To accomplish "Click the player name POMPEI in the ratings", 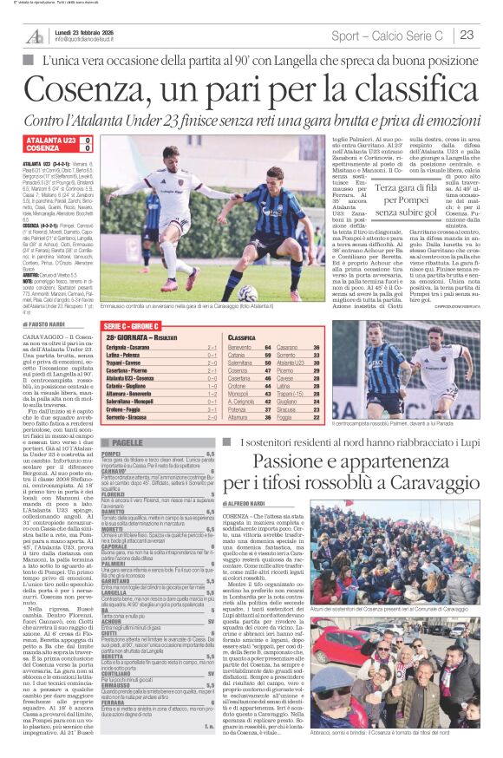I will coord(111,454).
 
